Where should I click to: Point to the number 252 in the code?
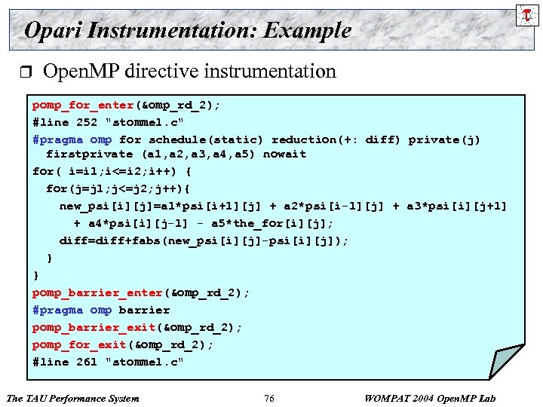coord(87,122)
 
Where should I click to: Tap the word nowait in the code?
coord(285,154)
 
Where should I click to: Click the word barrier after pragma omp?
coord(144,310)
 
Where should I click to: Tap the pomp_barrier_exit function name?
coord(94,327)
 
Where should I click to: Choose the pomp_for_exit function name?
coord(79,344)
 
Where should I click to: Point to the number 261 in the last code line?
coord(87,362)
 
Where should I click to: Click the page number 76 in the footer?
coord(269,398)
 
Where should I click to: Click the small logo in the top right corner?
coord(525,14)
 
